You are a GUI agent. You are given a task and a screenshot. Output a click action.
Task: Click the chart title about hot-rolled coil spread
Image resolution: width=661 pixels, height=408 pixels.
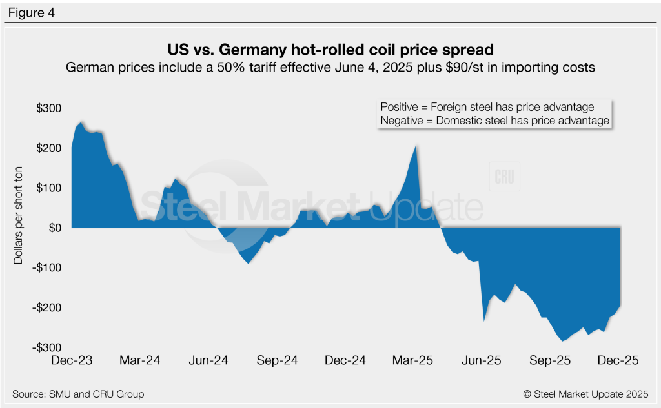click(330, 50)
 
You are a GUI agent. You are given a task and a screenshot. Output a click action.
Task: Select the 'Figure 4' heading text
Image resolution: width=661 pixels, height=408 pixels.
click(32, 12)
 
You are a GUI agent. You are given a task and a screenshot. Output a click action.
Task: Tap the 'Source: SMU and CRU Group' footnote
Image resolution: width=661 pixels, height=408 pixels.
click(78, 394)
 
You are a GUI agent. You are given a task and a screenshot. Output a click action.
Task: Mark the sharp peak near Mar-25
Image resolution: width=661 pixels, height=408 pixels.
click(416, 146)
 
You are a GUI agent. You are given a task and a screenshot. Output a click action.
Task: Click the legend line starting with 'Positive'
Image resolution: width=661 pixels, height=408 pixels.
click(487, 107)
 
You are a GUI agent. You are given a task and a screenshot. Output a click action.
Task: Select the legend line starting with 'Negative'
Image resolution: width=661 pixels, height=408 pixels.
click(494, 121)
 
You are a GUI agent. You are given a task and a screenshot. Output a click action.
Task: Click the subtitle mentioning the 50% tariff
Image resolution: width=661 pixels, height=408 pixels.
click(330, 67)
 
